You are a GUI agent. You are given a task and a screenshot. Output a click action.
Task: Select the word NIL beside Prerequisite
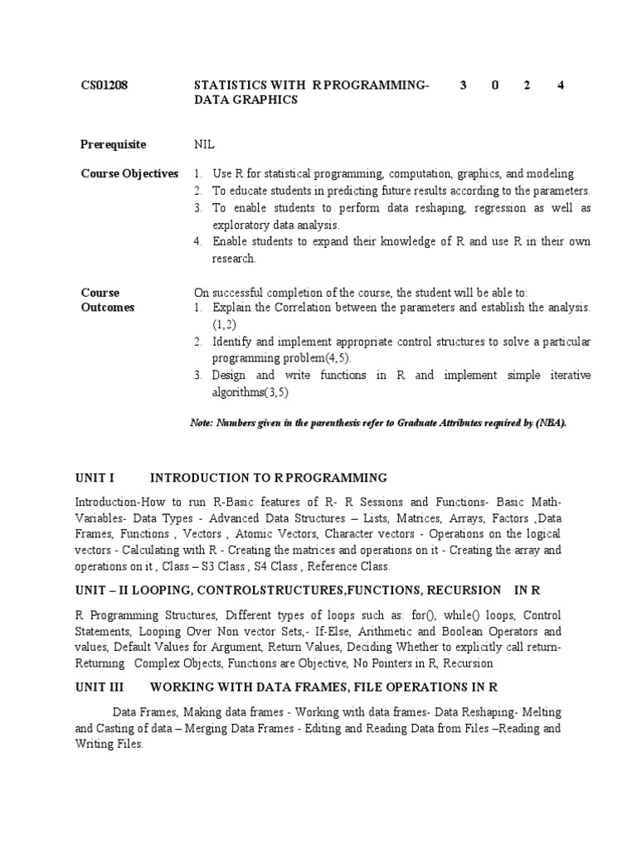pyautogui.click(x=204, y=144)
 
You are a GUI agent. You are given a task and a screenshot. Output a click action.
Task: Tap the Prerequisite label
pyautogui.click(x=113, y=144)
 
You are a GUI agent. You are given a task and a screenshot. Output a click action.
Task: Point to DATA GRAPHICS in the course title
pyautogui.click(x=245, y=100)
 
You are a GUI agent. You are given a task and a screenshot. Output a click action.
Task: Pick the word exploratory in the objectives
pyautogui.click(x=239, y=225)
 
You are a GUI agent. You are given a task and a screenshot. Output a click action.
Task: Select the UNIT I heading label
pyautogui.click(x=94, y=478)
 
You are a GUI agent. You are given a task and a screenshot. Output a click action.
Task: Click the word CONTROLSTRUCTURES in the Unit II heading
pyautogui.click(x=248, y=589)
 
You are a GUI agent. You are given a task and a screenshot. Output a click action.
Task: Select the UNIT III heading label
pyautogui.click(x=99, y=687)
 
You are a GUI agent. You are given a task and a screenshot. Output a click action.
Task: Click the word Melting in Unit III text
pyautogui.click(x=540, y=712)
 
